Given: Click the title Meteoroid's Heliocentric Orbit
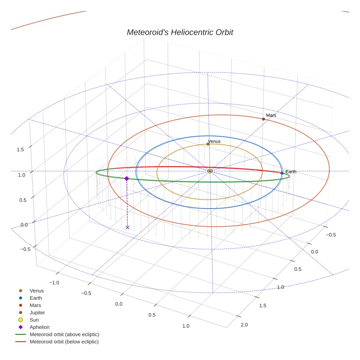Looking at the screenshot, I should [180, 33].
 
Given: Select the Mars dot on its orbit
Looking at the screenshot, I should [263, 119].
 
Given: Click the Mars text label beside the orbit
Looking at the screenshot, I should [271, 115].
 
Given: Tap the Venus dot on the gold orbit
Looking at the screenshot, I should [208, 144].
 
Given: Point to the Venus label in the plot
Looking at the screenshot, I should [214, 141].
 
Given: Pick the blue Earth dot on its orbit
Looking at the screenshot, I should [282, 173].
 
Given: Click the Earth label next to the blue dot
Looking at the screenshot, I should [291, 172].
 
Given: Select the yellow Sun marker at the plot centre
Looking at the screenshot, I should [210, 171].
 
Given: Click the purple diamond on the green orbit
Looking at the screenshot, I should [127, 179].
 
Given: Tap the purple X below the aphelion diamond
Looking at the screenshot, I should [127, 228].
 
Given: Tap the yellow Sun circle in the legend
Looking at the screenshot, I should [21, 320].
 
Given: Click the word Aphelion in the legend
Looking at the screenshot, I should [40, 327].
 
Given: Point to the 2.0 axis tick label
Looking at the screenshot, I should [244, 325].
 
